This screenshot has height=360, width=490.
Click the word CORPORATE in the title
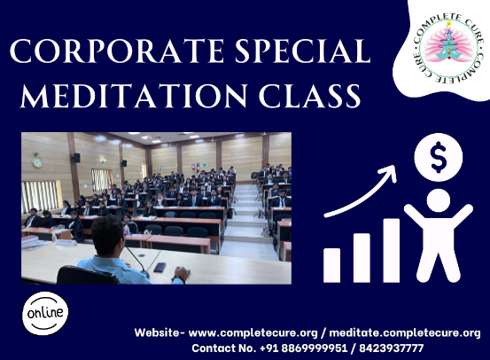click(x=116, y=51)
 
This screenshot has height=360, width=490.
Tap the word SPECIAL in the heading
click(x=302, y=51)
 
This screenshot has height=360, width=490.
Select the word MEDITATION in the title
click(x=134, y=96)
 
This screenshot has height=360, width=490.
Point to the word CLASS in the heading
click(x=310, y=96)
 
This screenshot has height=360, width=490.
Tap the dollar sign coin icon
click(x=438, y=157)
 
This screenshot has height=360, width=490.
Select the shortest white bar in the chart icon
click(x=332, y=265)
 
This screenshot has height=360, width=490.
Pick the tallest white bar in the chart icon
click(x=392, y=250)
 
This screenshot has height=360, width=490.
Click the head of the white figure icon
click(x=438, y=200)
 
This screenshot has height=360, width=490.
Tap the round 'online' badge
click(x=45, y=313)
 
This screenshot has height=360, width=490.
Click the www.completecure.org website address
click(x=253, y=333)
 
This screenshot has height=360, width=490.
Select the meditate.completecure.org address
click(x=405, y=333)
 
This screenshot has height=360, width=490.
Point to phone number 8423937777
click(x=392, y=348)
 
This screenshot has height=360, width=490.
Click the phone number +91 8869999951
click(x=303, y=348)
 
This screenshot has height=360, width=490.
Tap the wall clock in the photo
click(x=37, y=162)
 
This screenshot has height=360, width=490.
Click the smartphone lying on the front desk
click(x=159, y=267)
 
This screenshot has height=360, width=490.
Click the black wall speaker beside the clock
click(x=76, y=158)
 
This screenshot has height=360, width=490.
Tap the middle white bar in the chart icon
click(x=362, y=258)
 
